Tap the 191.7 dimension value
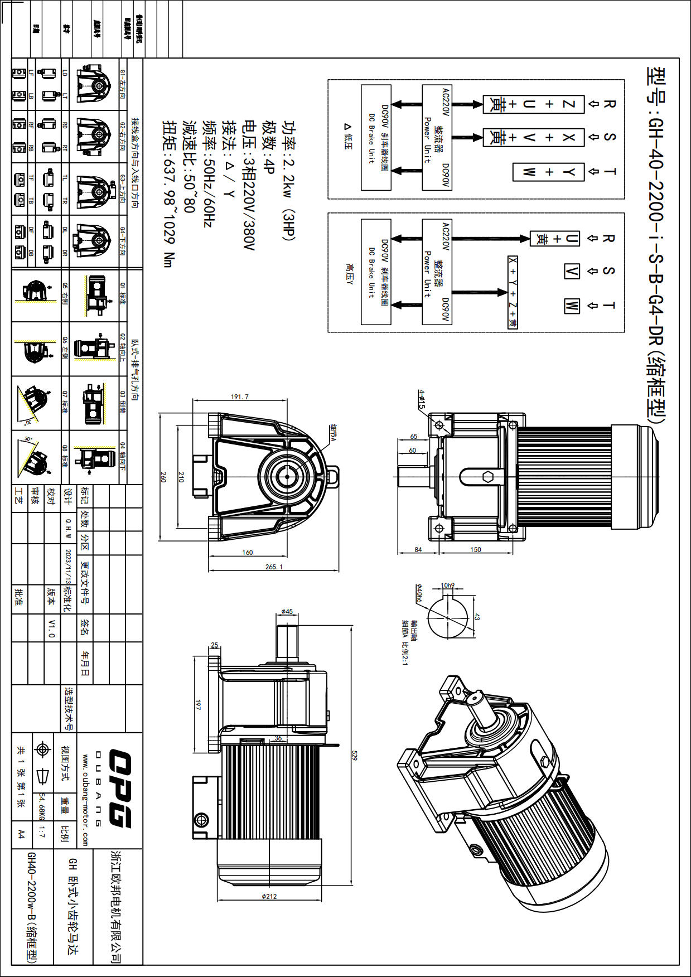coord(240,397)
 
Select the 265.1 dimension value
coord(274,567)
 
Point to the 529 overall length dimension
coord(354,756)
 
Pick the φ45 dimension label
coord(287,612)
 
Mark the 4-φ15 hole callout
coord(422,399)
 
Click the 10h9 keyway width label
coord(447,586)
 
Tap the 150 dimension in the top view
coord(475,550)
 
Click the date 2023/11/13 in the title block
coord(68,566)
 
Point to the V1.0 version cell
coord(51,628)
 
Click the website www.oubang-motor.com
coord(85,800)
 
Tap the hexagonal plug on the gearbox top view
coord(487,476)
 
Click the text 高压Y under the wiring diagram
coord(349,274)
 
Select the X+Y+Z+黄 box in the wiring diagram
coord(513,292)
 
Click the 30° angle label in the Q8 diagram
coord(28,439)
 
